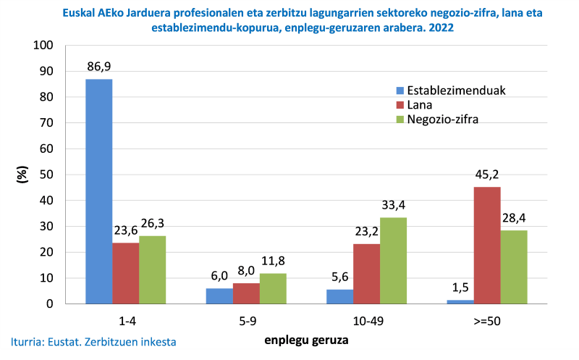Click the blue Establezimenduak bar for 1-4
(x=99, y=191)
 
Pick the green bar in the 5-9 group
(x=273, y=288)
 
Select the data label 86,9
(x=99, y=67)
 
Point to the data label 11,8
(x=273, y=261)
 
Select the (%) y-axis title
(x=22, y=174)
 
